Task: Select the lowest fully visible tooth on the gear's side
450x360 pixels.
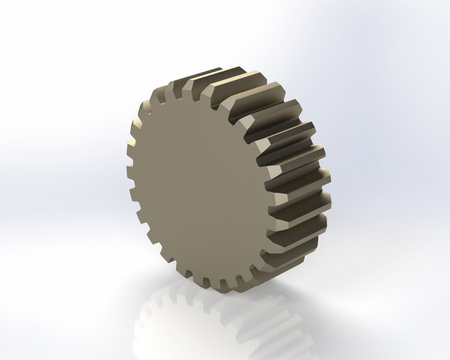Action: [298, 236]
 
